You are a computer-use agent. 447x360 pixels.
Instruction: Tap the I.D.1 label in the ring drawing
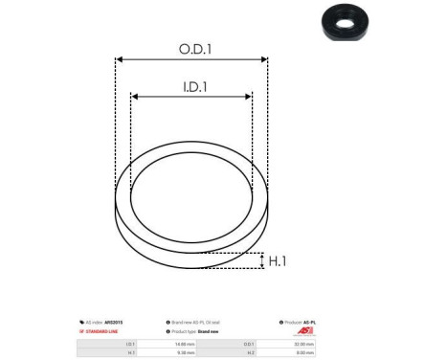pyautogui.click(x=191, y=86)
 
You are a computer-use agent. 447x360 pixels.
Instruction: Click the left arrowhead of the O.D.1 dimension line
pyautogui.click(x=119, y=59)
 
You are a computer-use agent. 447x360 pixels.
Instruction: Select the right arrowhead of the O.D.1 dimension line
pyautogui.click(x=265, y=59)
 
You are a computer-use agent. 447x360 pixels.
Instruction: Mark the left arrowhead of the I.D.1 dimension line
pyautogui.click(x=135, y=97)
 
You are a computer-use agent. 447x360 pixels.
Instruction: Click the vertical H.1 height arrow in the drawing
pyautogui.click(x=261, y=261)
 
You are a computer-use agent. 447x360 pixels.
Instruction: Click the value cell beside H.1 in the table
pyautogui.click(x=187, y=352)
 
